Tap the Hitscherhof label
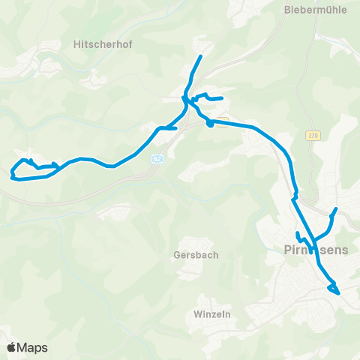point(103,44)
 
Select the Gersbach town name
point(195,255)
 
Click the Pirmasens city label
point(316,250)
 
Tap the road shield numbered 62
point(157,159)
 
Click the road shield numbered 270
point(313,136)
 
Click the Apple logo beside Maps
point(12,347)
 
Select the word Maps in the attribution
point(33,347)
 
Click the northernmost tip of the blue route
point(201,56)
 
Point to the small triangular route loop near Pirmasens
point(333,289)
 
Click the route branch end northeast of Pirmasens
point(336,208)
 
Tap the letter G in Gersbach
point(175,255)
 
